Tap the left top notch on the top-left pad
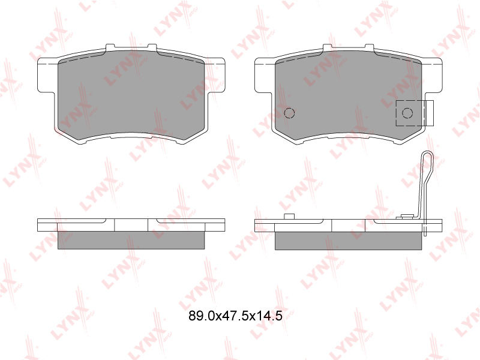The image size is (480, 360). tap(110, 47)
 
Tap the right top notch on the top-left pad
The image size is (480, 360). tap(152, 47)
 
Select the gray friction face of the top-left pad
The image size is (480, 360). tap(131, 95)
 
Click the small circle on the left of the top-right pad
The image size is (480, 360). tap(289, 113)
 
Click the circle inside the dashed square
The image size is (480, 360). tap(407, 113)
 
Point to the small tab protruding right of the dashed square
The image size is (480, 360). tap(430, 113)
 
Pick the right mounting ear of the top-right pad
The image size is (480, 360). tap(432, 74)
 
